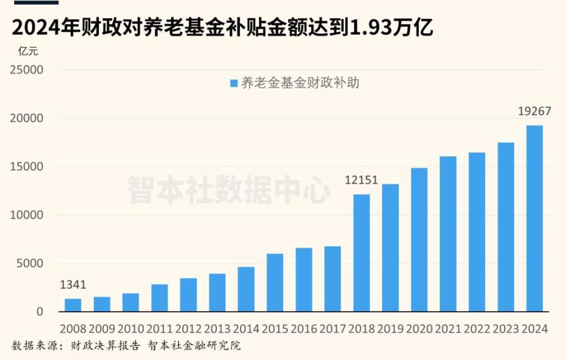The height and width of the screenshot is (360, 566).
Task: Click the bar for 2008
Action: click(x=73, y=305)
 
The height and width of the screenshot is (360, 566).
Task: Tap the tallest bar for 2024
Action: click(x=534, y=218)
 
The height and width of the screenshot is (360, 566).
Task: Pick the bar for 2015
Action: click(x=275, y=282)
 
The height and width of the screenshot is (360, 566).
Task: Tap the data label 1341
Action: click(x=73, y=285)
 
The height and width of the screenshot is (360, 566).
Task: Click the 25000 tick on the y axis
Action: click(x=27, y=70)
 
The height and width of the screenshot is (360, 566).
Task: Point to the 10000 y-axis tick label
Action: click(x=27, y=215)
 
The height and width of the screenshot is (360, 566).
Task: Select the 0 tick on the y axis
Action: click(x=40, y=312)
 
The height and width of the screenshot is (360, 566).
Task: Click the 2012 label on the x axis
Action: click(x=188, y=328)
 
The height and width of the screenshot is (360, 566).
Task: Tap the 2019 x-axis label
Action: click(x=390, y=328)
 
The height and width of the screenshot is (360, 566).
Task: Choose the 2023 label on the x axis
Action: click(x=505, y=328)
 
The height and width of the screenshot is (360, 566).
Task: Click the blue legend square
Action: click(x=233, y=84)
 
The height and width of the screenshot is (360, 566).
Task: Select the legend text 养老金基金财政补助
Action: click(x=300, y=83)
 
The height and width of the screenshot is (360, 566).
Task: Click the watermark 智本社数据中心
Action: click(x=229, y=189)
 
